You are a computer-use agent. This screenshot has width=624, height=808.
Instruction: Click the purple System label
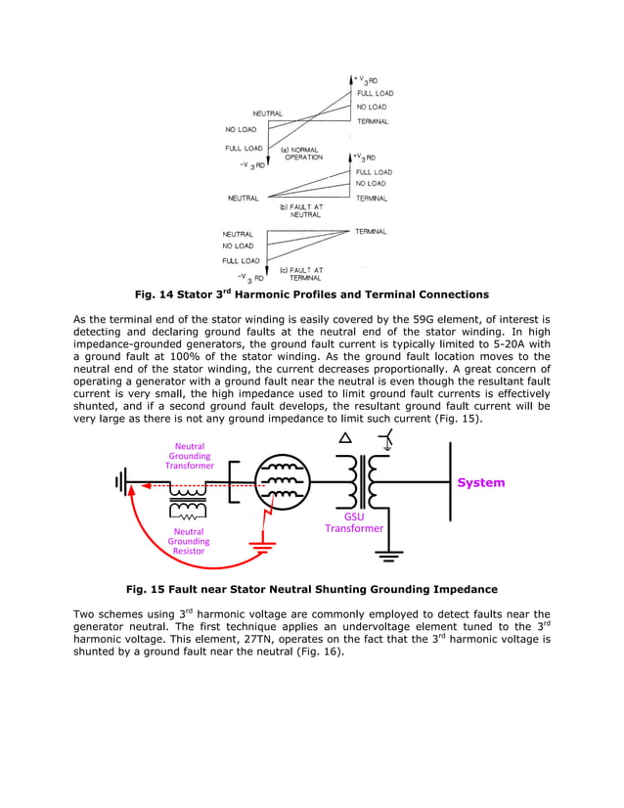pyautogui.click(x=481, y=482)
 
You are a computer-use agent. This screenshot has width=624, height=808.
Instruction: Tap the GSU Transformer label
pyautogui.click(x=354, y=521)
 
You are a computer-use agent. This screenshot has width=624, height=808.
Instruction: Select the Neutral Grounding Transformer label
pyautogui.click(x=190, y=456)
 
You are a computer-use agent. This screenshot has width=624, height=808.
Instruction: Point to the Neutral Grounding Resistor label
pyautogui.click(x=189, y=541)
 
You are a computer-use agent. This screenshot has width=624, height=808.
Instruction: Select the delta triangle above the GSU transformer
pyautogui.click(x=344, y=439)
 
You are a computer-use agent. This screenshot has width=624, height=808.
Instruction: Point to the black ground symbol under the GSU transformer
pyautogui.click(x=389, y=557)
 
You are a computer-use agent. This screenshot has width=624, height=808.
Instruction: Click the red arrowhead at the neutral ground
pyautogui.click(x=134, y=493)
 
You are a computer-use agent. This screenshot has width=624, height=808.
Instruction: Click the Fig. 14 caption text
pyautogui.click(x=311, y=294)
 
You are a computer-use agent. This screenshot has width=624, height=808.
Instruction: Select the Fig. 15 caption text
pyautogui.click(x=311, y=589)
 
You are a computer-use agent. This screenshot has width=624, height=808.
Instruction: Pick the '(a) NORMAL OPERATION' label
pyautogui.click(x=303, y=154)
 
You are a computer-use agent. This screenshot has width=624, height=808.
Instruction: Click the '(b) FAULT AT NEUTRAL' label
pyautogui.click(x=301, y=210)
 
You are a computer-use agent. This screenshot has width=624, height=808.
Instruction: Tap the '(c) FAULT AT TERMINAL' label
pyautogui.click(x=301, y=274)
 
